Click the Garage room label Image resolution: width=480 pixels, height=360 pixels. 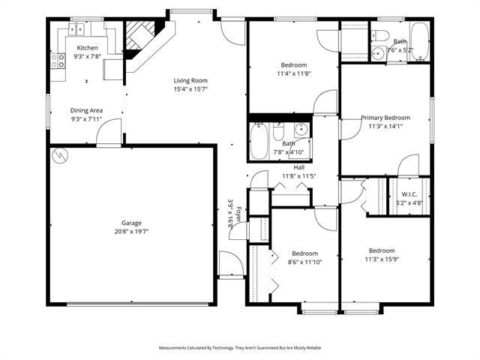point(132,223)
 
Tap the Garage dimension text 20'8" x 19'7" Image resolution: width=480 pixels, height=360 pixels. point(132,232)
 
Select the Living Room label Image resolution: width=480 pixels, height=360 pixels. point(190,80)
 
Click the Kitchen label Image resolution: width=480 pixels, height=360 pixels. point(87,47)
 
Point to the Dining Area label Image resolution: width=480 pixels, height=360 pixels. point(86,110)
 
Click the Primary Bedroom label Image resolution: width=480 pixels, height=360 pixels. point(385,118)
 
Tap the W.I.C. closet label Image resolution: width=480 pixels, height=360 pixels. point(409,193)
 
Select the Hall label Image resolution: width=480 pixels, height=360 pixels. point(298,167)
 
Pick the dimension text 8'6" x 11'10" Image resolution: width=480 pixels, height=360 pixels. point(305,262)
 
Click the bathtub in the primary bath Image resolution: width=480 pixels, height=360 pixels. point(418,41)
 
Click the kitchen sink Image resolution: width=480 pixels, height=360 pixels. point(76,30)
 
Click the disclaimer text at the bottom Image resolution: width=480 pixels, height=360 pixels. point(239,348)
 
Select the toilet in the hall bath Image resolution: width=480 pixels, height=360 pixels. point(278,135)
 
